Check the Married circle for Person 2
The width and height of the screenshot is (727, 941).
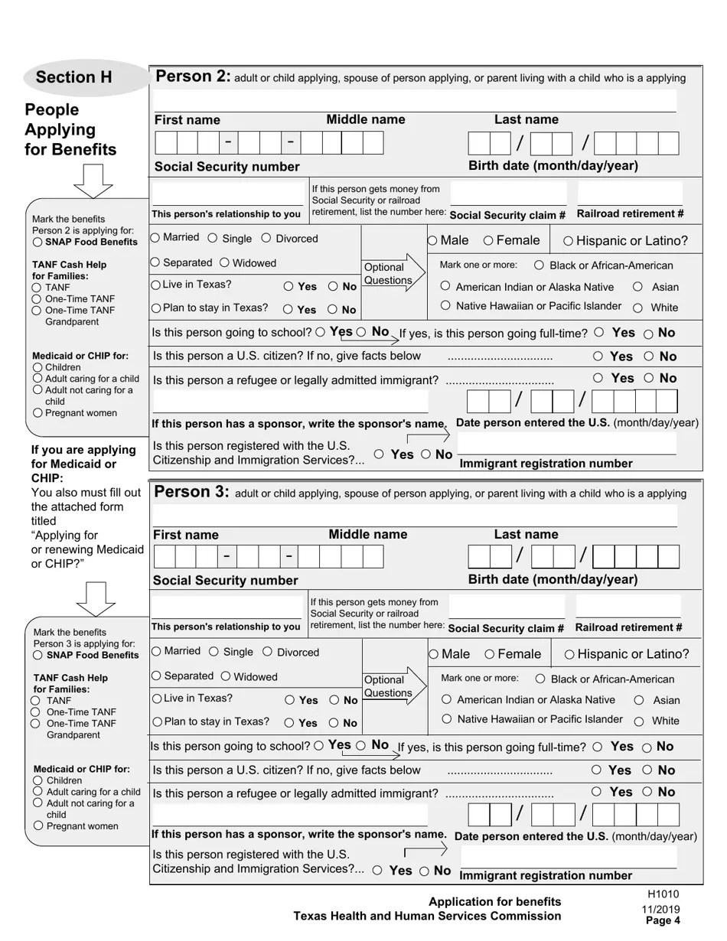click(x=155, y=238)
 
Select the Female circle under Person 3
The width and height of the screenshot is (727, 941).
click(x=489, y=654)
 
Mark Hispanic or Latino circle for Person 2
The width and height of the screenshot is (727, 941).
click(x=569, y=241)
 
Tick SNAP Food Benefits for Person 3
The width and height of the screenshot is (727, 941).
click(x=37, y=655)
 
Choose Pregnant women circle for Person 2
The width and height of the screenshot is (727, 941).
click(x=37, y=412)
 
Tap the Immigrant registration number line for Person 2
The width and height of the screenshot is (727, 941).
click(x=566, y=444)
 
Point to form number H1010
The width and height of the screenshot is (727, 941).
click(x=663, y=894)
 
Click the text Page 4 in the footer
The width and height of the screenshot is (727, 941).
click(x=663, y=920)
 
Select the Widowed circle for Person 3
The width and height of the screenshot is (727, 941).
click(x=226, y=676)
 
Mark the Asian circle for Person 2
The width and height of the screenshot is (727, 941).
click(x=637, y=286)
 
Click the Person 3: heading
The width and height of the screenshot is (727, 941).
click(x=191, y=492)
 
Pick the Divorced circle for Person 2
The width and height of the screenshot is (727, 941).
click(x=266, y=238)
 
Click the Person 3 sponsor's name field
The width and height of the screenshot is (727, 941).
click(x=291, y=816)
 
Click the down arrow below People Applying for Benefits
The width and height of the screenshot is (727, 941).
click(x=93, y=182)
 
